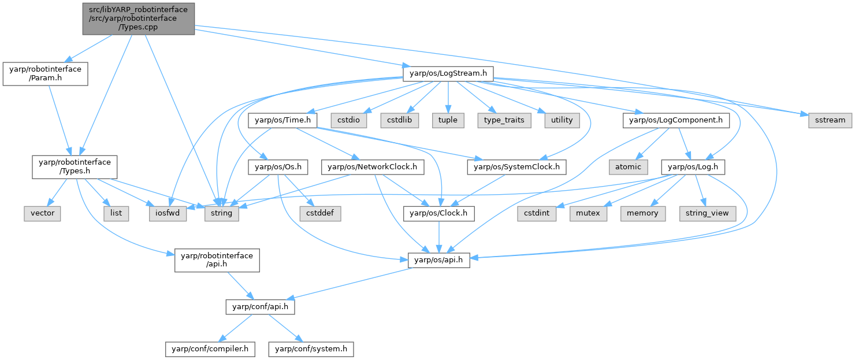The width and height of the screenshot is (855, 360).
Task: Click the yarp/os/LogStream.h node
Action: [x=448, y=73]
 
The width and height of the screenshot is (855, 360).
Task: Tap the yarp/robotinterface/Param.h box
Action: [x=46, y=74]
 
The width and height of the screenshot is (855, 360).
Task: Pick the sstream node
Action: [x=826, y=120]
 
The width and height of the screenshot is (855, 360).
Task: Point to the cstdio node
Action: [x=345, y=120]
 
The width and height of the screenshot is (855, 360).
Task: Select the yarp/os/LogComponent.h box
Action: [x=676, y=120]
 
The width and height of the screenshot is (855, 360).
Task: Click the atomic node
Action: [x=628, y=166]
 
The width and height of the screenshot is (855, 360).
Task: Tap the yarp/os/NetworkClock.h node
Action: [x=376, y=166]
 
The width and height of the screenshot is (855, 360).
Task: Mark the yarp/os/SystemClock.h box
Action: [x=517, y=166]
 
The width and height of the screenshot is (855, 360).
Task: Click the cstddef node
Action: [x=316, y=213]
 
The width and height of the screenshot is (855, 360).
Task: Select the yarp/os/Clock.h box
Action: [x=439, y=213]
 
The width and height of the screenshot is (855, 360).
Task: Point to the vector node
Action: [x=43, y=213]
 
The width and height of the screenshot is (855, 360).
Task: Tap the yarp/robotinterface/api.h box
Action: [x=217, y=260]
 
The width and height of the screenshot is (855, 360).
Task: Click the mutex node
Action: [x=589, y=213]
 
